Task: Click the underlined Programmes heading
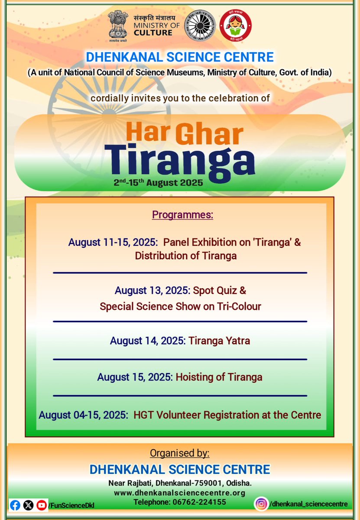(182, 215)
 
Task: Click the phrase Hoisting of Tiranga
(219, 377)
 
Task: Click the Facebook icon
(15, 505)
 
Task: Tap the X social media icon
(29, 505)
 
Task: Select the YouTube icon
(42, 505)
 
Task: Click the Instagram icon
(261, 504)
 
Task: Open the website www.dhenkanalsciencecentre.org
(180, 493)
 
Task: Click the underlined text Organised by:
(180, 453)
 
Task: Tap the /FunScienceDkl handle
(71, 505)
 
